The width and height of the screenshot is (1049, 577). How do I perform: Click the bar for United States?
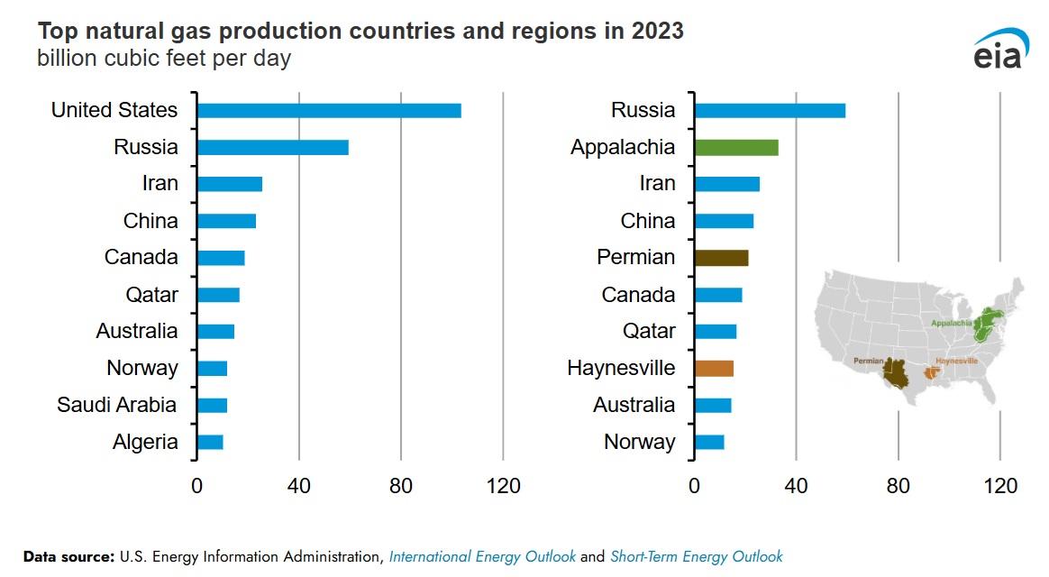(x=329, y=110)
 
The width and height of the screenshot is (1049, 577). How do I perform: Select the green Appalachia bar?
(x=735, y=147)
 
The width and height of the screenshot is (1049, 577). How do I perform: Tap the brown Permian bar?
(x=721, y=258)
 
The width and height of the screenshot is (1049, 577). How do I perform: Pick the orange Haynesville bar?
(x=714, y=368)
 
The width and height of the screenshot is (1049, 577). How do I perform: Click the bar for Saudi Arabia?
(x=212, y=405)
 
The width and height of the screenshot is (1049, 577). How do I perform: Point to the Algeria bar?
(x=210, y=442)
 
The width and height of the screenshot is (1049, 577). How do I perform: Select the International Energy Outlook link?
(x=482, y=556)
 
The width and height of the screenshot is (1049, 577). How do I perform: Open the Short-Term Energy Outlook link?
(x=697, y=556)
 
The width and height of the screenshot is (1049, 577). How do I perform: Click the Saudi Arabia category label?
(x=117, y=405)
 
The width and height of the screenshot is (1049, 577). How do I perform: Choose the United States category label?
(x=114, y=110)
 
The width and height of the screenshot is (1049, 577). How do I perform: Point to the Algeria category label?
(x=145, y=442)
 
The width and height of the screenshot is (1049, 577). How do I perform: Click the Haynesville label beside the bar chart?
(x=621, y=368)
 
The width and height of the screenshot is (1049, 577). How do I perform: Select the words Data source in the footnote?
(x=68, y=556)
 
